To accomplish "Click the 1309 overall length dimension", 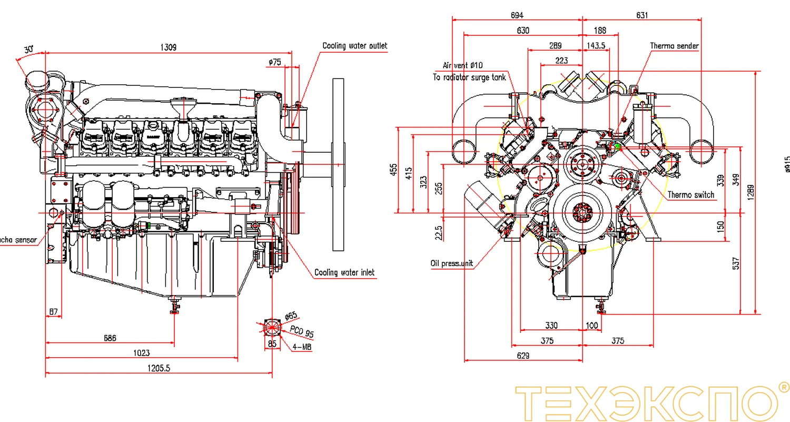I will (168, 47).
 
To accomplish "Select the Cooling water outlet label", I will (354, 46).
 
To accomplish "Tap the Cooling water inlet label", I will (344, 272).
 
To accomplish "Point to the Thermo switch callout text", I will (691, 195).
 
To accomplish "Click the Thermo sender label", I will (674, 46).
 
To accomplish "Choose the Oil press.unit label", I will (452, 263).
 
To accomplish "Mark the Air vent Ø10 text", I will (462, 65).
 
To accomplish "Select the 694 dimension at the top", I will (517, 15).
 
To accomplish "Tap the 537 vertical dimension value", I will (736, 263).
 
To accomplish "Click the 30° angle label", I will (29, 49).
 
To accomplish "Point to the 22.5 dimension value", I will (439, 232).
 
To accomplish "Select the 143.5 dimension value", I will (596, 46).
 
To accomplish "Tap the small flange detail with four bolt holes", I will (272, 327).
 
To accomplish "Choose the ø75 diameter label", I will (274, 62).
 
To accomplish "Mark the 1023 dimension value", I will (141, 352).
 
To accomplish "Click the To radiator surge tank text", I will (469, 77).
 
